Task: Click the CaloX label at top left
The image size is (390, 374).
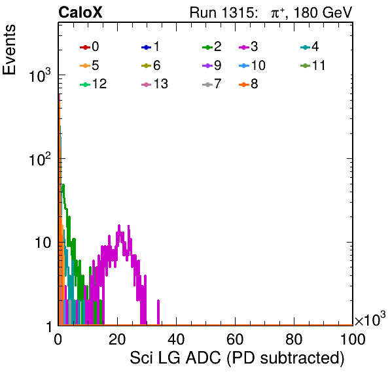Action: point(80,12)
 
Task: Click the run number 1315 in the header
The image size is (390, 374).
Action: point(238,12)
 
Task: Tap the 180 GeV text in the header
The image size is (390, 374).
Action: point(323,12)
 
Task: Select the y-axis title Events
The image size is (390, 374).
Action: point(9,50)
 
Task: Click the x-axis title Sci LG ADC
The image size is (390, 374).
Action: point(175,358)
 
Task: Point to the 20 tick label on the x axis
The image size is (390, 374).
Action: point(117,339)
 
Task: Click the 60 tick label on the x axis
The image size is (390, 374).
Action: point(235,339)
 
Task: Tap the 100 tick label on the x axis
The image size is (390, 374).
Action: point(353,339)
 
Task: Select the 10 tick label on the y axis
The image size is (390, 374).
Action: point(43,243)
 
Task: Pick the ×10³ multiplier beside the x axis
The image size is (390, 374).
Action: point(370,318)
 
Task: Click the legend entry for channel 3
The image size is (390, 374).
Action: point(249,46)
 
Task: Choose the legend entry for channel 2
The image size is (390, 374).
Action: point(212,46)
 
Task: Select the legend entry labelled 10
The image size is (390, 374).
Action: point(252,65)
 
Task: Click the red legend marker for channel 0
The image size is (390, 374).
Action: point(85,47)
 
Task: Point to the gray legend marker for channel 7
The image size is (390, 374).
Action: point(207,84)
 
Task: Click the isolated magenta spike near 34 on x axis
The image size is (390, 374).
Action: point(158,313)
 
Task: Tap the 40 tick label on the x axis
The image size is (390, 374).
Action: point(176,339)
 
